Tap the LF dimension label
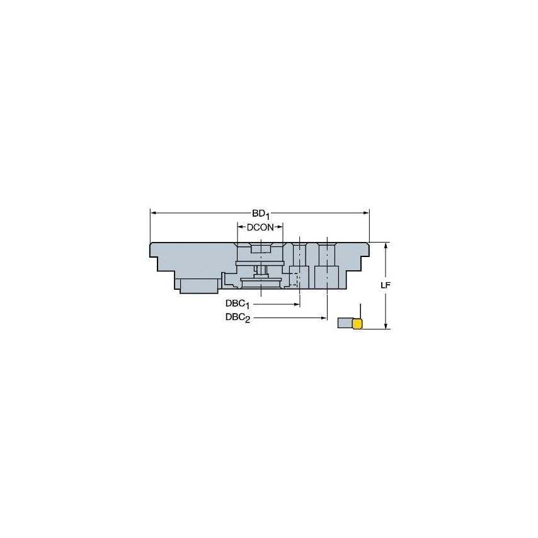386,285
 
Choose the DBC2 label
238,318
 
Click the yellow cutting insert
357,324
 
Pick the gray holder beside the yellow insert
345,324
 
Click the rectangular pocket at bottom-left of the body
199,285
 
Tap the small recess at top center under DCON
260,250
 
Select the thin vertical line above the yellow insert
360,311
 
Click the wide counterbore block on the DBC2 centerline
327,276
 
